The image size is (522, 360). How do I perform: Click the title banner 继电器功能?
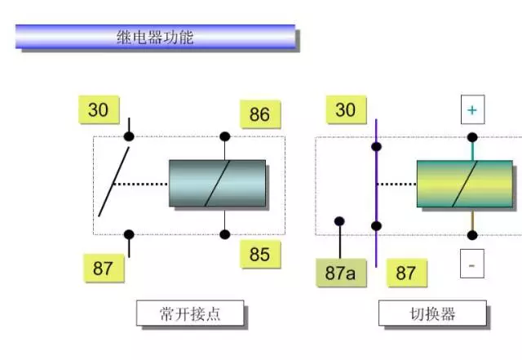coord(155,37)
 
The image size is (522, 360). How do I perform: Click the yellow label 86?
coord(260,114)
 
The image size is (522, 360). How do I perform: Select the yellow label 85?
coord(260,254)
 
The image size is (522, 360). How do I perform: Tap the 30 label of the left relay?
coord(99,109)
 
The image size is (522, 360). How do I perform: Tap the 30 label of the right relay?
coord(346,109)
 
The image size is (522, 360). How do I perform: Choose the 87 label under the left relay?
coord(104,268)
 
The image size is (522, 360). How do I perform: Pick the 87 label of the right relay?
coord(406,273)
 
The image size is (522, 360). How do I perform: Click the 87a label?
coord(341,273)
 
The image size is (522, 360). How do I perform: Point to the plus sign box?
coord(472,109)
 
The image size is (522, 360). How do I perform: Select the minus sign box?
coord(472,264)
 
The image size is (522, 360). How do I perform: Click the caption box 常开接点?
coord(190,313)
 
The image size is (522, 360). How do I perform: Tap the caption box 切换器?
coord(432,313)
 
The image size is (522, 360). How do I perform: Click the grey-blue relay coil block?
coord(218,184)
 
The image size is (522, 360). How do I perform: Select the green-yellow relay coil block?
coord(465,184)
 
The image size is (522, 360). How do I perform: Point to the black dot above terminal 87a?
coord(339,221)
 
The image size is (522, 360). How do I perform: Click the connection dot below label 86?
coord(225,136)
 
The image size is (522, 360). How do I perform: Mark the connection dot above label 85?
coord(225,234)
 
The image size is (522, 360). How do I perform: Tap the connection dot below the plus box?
coord(472,137)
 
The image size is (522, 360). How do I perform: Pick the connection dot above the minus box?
coord(472,235)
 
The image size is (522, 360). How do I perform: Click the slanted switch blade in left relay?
coord(114,182)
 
